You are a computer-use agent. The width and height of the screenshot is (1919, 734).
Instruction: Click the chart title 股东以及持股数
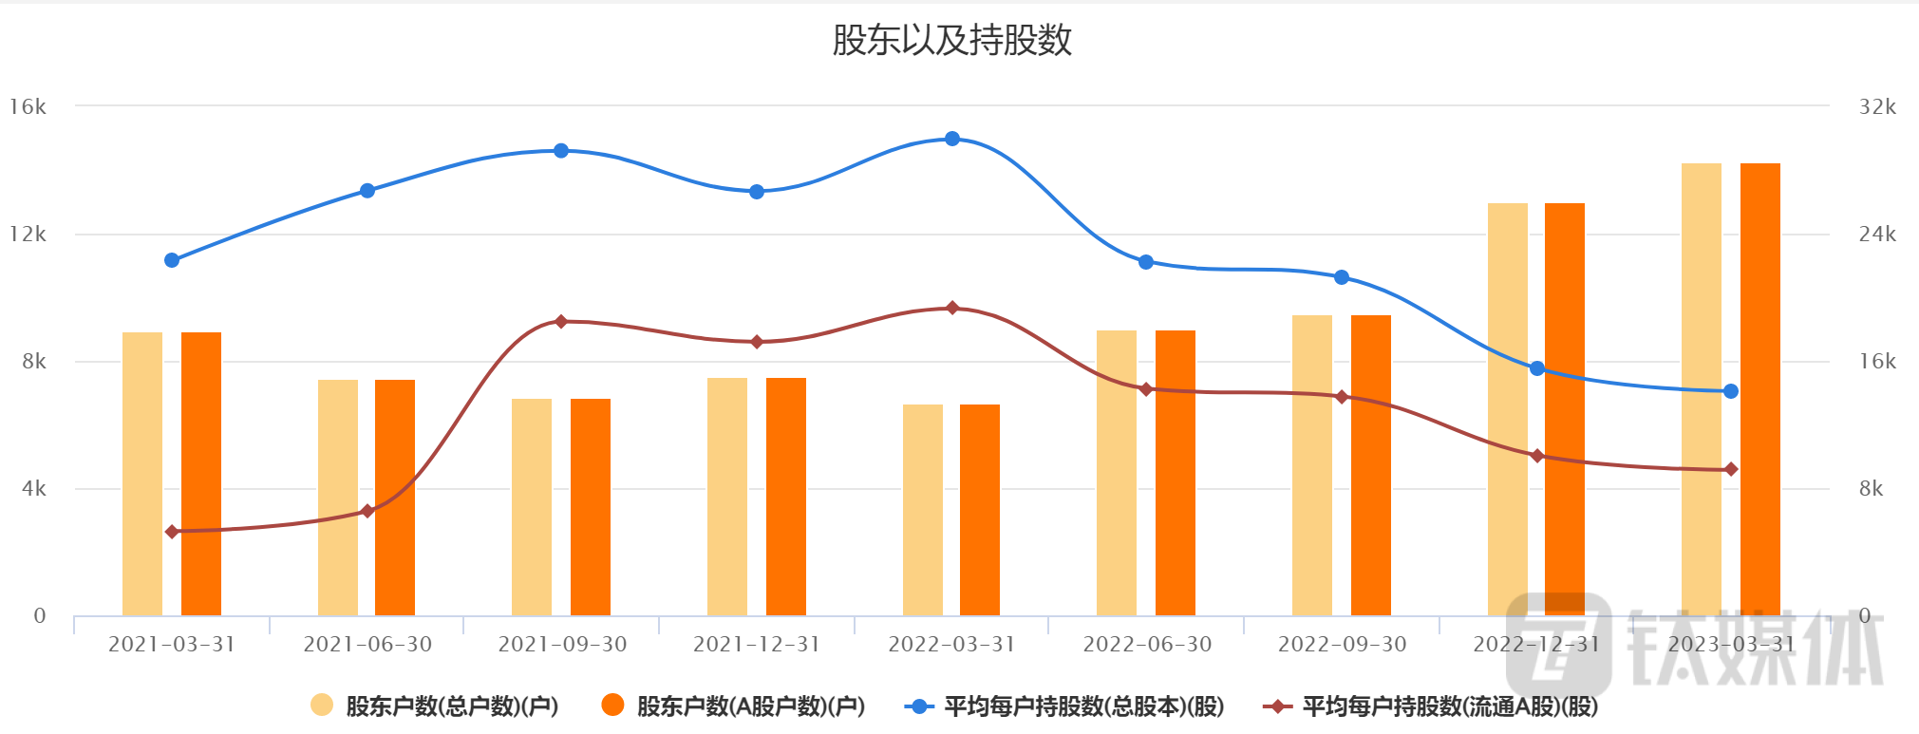click(951, 40)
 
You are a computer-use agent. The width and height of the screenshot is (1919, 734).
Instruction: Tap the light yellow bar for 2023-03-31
click(1701, 389)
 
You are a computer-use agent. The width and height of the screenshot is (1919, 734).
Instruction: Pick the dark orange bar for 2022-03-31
click(980, 510)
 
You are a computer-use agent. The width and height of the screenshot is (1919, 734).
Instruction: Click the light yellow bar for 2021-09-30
click(532, 507)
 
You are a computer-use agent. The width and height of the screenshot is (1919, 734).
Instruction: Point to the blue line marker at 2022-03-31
click(952, 139)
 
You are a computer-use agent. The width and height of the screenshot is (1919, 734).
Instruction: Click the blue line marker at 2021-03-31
click(172, 260)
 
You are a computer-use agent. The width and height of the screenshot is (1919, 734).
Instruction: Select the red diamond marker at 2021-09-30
click(561, 322)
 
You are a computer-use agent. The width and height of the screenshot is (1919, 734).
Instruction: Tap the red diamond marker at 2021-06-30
click(367, 511)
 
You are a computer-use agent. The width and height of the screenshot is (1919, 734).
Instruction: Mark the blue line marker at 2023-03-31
click(1731, 391)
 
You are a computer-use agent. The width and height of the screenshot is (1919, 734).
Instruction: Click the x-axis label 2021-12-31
click(757, 645)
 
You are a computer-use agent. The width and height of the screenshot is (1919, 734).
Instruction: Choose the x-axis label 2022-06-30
click(1147, 645)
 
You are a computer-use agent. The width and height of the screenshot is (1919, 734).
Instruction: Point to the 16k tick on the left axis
click(28, 106)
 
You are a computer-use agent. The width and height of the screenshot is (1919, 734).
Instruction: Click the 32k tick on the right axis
click(1877, 106)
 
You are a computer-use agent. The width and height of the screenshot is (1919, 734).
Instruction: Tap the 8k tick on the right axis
click(1872, 489)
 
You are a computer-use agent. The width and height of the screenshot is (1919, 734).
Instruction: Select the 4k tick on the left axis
click(34, 489)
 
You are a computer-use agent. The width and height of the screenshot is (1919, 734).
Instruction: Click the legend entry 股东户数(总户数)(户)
click(435, 706)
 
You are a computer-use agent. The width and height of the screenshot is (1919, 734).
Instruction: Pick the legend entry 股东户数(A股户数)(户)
click(733, 706)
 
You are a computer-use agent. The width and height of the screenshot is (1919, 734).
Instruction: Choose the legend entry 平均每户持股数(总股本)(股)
click(1064, 706)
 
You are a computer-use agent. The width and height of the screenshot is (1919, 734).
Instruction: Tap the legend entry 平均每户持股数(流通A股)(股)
click(1431, 706)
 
